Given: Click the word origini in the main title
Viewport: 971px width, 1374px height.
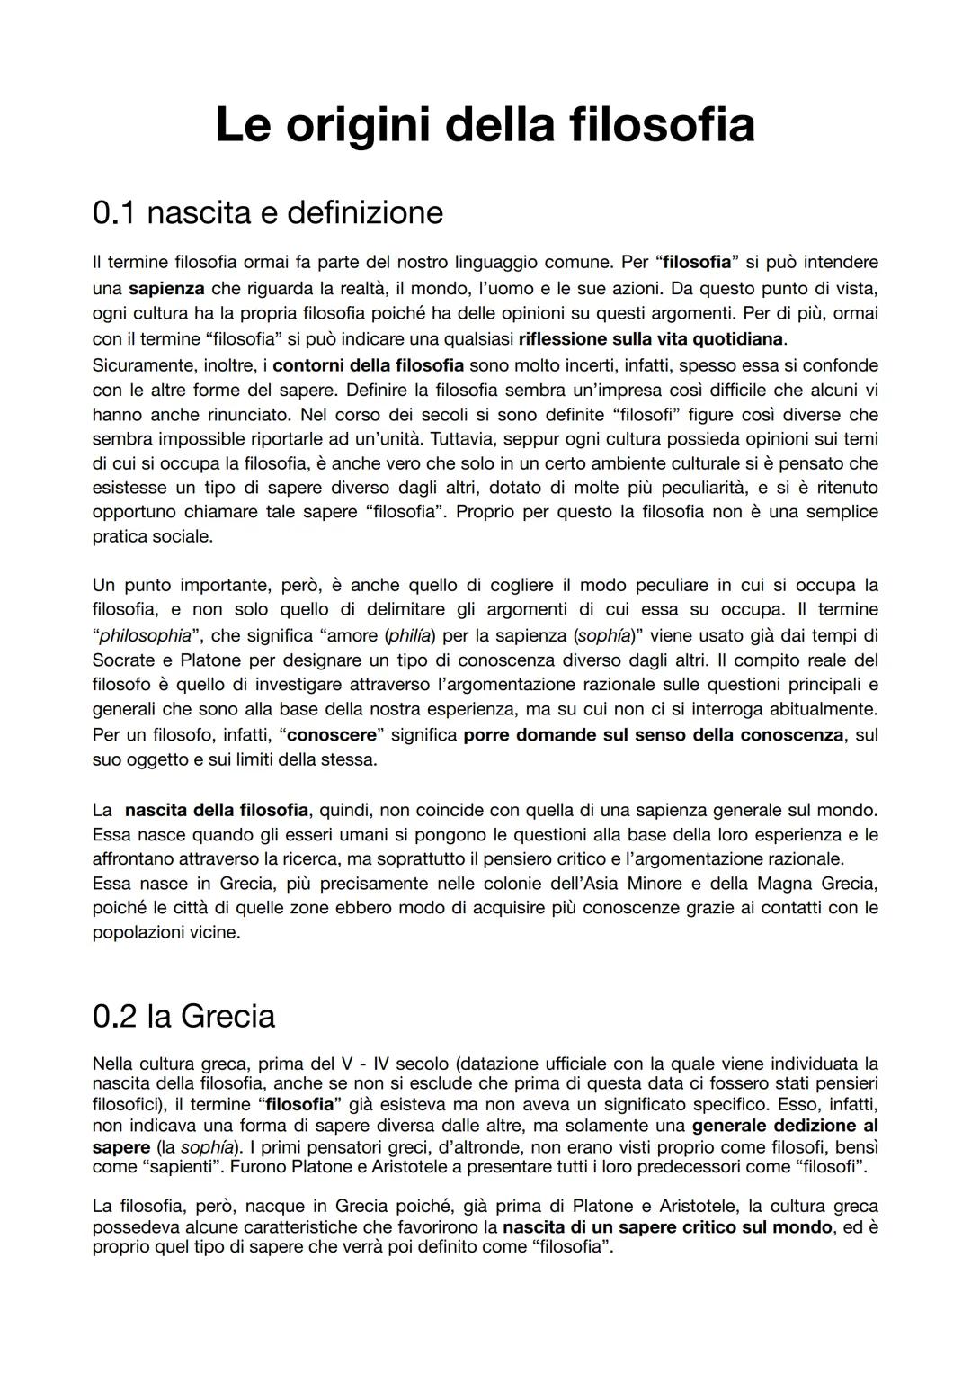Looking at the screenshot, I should [360, 125].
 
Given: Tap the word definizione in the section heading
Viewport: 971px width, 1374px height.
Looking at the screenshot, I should [365, 212].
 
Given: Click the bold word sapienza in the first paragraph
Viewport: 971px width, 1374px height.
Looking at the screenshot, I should [166, 289].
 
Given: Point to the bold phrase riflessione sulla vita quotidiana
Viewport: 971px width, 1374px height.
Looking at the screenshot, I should [652, 339].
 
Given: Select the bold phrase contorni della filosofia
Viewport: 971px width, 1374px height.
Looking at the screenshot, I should [368, 365].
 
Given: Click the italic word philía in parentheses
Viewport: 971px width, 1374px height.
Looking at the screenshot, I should [409, 635].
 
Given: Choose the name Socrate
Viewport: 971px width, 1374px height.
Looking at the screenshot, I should [124, 660].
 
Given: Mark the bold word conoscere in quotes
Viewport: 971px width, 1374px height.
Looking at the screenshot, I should [332, 734].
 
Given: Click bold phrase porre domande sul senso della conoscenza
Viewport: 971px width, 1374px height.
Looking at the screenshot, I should [654, 734].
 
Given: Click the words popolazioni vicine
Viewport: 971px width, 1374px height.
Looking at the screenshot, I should [166, 932].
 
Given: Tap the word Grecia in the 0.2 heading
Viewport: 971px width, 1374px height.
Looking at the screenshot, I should [227, 1016].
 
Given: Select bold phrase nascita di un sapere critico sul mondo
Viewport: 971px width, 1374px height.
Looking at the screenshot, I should [667, 1226].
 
